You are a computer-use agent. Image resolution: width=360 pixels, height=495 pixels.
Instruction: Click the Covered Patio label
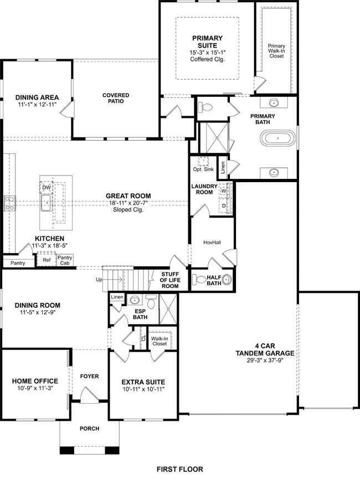[116, 98]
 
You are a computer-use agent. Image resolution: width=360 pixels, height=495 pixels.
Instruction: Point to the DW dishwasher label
[47, 188]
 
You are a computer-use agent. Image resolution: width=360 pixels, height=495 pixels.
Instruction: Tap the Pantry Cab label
[65, 260]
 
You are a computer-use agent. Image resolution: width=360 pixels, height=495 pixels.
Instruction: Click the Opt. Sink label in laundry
[203, 169]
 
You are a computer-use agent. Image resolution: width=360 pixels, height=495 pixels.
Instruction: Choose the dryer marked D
[224, 205]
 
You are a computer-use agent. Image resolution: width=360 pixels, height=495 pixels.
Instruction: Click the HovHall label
[213, 242]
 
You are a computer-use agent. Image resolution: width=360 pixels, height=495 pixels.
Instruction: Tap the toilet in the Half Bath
[225, 280]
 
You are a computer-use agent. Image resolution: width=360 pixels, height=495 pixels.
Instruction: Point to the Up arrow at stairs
[99, 280]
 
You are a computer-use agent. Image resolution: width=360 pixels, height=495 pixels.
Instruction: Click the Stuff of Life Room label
[169, 280]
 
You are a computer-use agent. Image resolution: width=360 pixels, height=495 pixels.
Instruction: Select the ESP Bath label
[141, 314]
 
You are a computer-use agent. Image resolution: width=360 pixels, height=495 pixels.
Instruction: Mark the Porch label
[90, 428]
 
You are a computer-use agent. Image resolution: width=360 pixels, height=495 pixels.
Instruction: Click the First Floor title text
[179, 469]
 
